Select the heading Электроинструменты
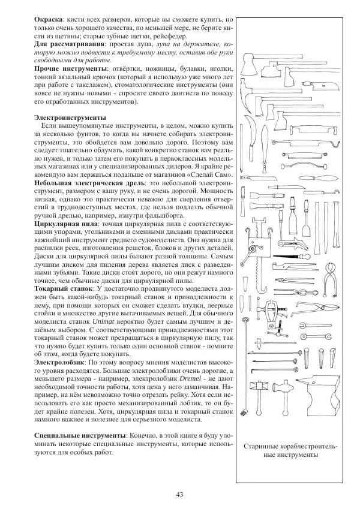pos(70,117)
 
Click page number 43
pos(179,494)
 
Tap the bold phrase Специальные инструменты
pos(80,433)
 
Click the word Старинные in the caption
pos(266,447)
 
